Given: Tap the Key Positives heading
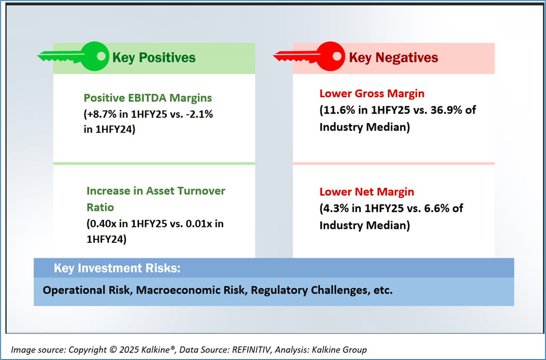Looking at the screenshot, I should pyautogui.click(x=154, y=57).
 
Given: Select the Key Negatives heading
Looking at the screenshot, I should pyautogui.click(x=393, y=57).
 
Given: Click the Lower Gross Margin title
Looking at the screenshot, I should pyautogui.click(x=372, y=93).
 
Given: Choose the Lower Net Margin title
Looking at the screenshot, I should pyautogui.click(x=367, y=191).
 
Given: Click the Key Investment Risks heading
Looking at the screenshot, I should pyautogui.click(x=117, y=268).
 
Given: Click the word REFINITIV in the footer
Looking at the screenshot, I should pyautogui.click(x=243, y=350).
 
